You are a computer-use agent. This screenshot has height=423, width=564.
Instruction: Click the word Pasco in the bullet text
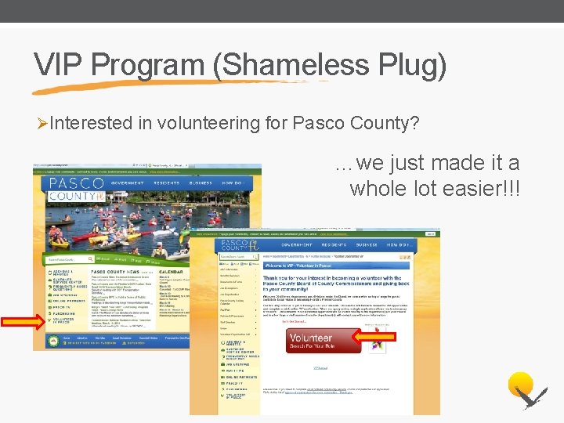(x=323, y=124)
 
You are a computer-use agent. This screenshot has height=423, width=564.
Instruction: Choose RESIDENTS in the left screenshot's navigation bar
(x=165, y=183)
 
